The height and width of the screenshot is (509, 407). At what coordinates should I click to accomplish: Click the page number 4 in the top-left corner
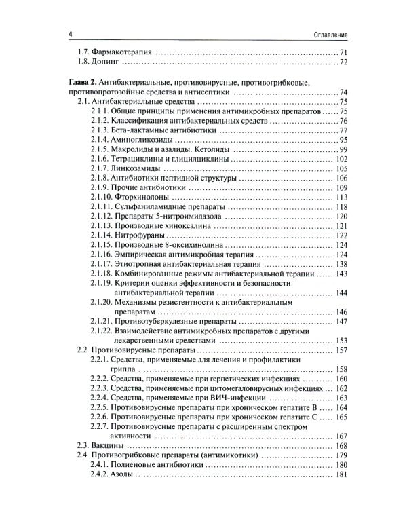(62, 34)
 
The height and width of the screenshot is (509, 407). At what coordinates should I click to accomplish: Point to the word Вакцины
(109, 445)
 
